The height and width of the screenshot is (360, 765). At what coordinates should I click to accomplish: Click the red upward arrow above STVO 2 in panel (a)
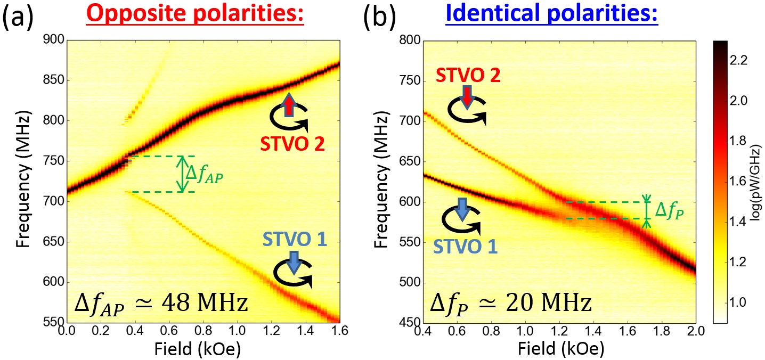288,104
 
